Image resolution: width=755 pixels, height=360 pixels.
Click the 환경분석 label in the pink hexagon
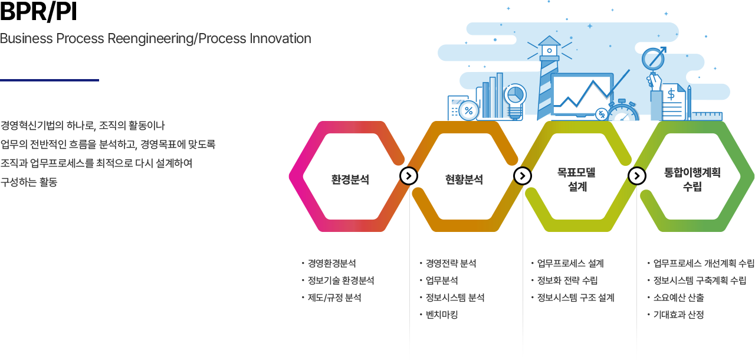coord(350,179)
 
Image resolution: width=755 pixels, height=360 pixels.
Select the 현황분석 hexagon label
coord(464,179)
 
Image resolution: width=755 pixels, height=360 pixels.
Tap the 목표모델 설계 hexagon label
coord(577,179)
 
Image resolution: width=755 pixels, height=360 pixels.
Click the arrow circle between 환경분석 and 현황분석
coord(409,176)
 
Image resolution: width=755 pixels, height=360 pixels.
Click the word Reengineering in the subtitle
coord(153,39)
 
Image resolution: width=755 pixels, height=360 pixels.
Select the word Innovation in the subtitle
coord(280,39)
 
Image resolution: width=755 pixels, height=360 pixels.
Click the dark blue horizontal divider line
coord(50,80)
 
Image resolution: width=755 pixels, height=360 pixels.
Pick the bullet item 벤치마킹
coord(442,315)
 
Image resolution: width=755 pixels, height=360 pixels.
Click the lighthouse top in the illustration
coord(549,47)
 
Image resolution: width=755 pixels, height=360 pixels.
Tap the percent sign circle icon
coord(469,110)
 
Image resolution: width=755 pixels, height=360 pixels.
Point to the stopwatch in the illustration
coord(623,112)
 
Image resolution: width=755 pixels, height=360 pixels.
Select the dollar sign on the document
coord(671,94)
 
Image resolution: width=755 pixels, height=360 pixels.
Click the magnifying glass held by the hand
coord(653,60)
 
